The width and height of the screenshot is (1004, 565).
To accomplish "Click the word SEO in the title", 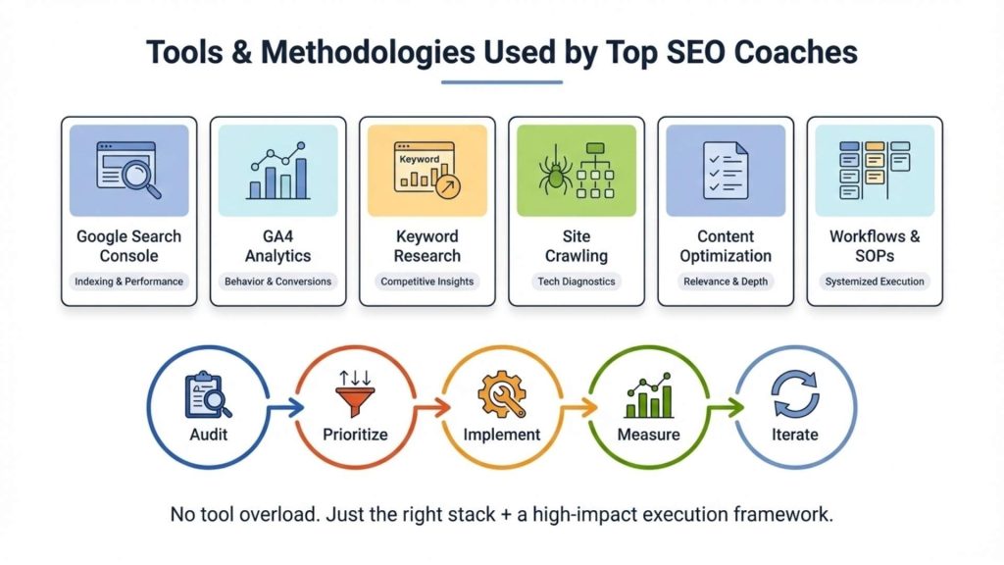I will pyautogui.click(x=688, y=52).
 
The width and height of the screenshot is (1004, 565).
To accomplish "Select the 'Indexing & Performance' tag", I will pyautogui.click(x=129, y=282).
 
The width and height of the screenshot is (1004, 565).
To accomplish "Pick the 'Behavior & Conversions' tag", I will pyautogui.click(x=278, y=282).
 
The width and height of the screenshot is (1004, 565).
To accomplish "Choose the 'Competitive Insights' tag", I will pyautogui.click(x=427, y=282).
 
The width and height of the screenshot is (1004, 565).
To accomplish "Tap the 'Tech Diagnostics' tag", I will pyautogui.click(x=577, y=282).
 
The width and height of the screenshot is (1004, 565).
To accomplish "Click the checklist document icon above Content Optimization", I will pyautogui.click(x=726, y=171).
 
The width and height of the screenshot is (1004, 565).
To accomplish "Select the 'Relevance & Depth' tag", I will pyautogui.click(x=726, y=282).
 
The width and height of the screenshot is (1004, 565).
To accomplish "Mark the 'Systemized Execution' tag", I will pyautogui.click(x=875, y=282).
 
